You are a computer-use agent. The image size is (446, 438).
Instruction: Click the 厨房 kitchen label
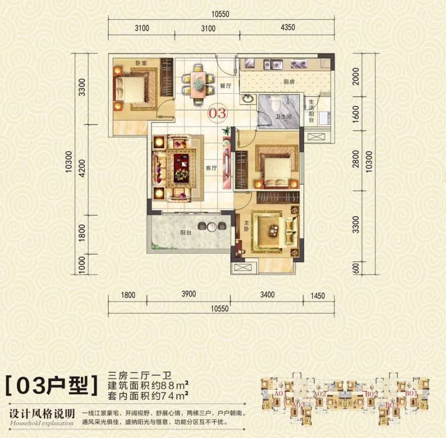click(275, 81)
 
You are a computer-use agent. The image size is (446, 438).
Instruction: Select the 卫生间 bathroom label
click(282, 117)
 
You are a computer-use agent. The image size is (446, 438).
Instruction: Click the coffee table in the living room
click(181, 166)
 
